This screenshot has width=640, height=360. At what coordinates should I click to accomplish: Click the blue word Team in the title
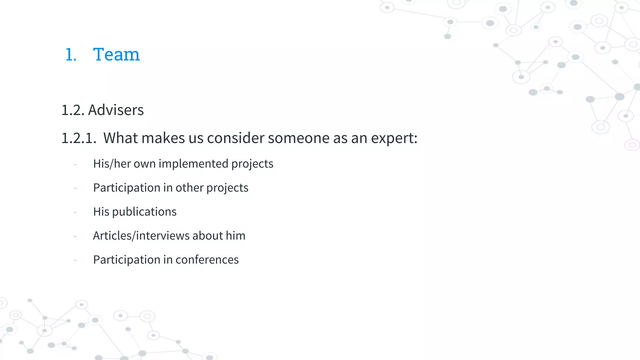116,54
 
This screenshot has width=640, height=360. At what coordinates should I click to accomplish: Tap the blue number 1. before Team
71,55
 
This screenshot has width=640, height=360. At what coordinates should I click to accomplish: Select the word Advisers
116,110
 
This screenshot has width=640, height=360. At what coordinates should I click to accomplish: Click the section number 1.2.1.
79,138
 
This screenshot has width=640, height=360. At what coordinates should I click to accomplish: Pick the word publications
144,212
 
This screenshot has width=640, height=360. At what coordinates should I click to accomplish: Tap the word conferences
207,260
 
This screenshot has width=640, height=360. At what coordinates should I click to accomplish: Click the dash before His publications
75,212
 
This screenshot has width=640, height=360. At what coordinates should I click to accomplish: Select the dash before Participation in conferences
75,260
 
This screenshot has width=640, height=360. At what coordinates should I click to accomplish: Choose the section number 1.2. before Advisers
73,110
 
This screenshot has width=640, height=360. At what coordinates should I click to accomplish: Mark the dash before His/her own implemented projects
75,164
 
